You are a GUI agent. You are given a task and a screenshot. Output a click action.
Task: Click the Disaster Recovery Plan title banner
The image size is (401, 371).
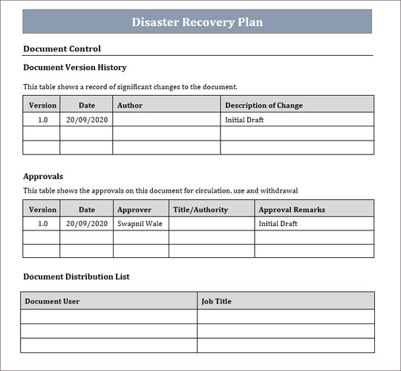click(197, 22)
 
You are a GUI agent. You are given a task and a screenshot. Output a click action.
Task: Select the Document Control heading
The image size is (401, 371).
click(62, 49)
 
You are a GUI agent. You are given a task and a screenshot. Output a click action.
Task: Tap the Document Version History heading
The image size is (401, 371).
click(75, 68)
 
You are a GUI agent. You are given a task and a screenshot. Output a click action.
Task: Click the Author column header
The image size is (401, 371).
click(130, 106)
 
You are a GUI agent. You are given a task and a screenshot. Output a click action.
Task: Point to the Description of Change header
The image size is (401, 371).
click(264, 106)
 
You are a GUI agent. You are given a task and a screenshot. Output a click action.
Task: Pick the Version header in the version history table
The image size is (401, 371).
click(42, 106)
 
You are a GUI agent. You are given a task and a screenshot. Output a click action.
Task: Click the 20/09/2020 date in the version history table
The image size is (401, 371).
click(87, 120)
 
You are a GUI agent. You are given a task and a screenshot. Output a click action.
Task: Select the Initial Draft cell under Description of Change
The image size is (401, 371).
click(244, 120)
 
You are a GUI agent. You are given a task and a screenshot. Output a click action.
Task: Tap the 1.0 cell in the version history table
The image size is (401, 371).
click(42, 120)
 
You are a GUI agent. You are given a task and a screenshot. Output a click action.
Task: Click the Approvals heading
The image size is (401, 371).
click(43, 176)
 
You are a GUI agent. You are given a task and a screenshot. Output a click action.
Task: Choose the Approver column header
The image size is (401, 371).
click(134, 210)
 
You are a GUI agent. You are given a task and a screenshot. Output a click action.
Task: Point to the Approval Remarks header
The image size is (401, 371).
click(292, 210)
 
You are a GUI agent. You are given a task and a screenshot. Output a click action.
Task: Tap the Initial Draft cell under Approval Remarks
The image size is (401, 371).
click(278, 223)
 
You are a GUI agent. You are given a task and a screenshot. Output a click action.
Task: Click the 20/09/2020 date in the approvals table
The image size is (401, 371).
click(87, 223)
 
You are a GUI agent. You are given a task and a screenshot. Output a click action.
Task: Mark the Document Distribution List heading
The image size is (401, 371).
click(76, 277)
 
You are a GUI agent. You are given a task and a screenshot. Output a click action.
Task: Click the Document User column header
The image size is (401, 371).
click(52, 301)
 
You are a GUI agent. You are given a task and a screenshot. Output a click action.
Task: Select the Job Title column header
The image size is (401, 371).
click(217, 301)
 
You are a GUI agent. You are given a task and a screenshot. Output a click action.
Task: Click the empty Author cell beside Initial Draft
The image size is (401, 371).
click(166, 120)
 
